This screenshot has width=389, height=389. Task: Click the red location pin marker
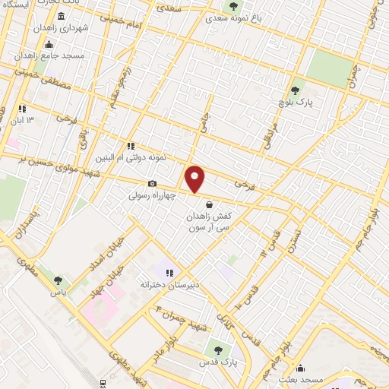[x=195, y=179]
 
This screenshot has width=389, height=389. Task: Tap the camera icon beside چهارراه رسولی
[x=153, y=184]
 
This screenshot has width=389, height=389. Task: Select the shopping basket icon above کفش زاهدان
[x=209, y=203]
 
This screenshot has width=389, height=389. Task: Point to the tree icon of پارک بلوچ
[x=299, y=86]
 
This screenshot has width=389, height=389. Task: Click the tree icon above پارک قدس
[x=218, y=350]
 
